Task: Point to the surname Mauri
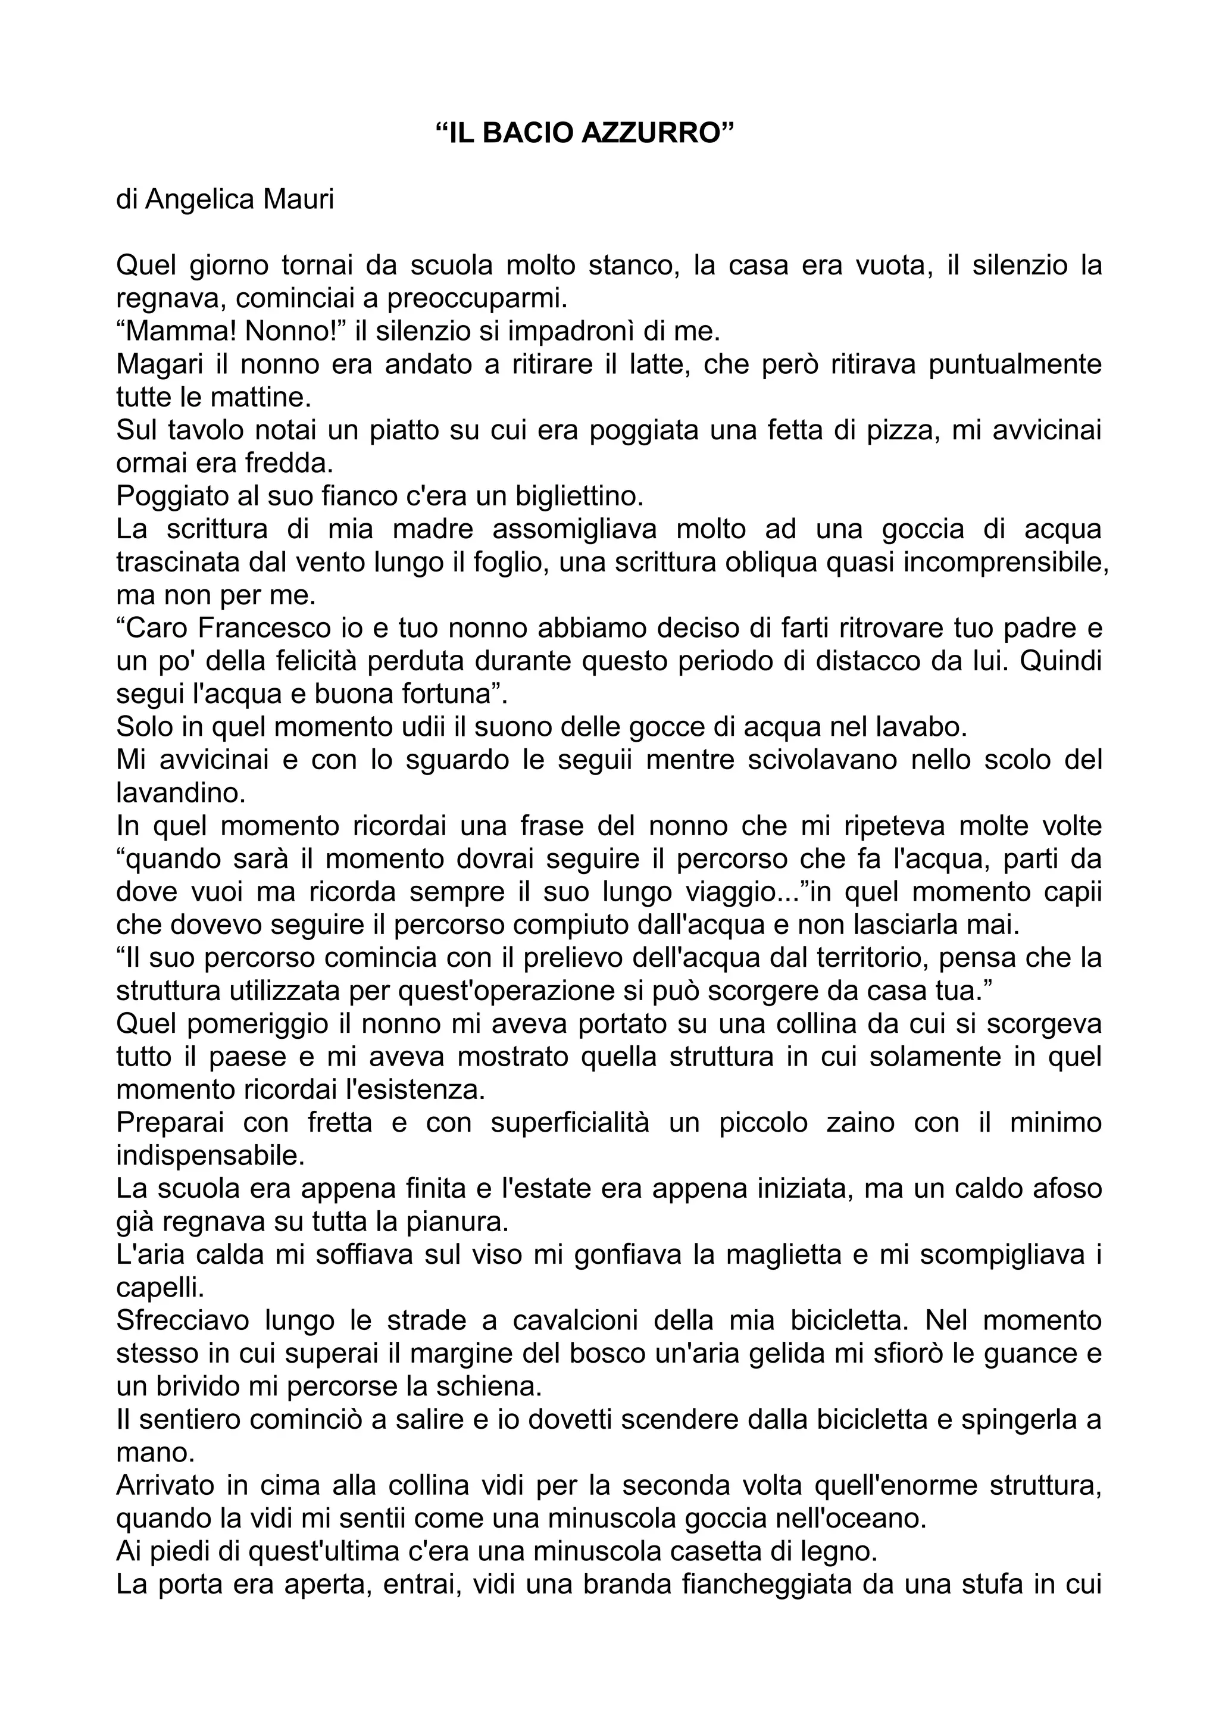299,200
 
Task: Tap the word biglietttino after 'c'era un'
580,496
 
